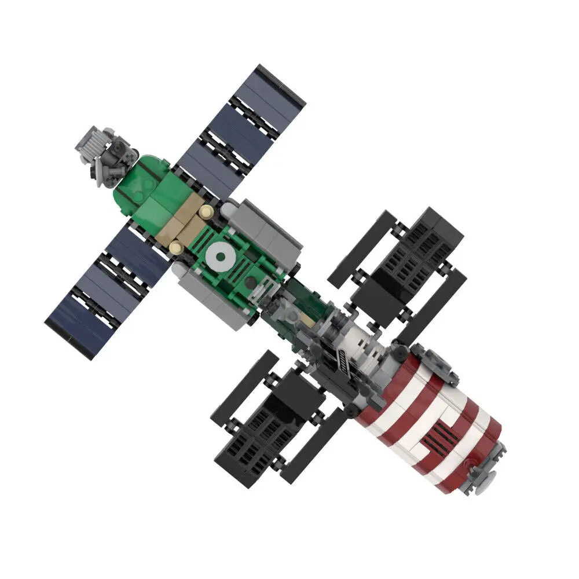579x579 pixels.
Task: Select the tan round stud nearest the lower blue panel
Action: [x=175, y=248]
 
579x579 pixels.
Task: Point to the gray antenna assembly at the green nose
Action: [x=105, y=153]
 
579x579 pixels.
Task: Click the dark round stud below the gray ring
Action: [x=250, y=281]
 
